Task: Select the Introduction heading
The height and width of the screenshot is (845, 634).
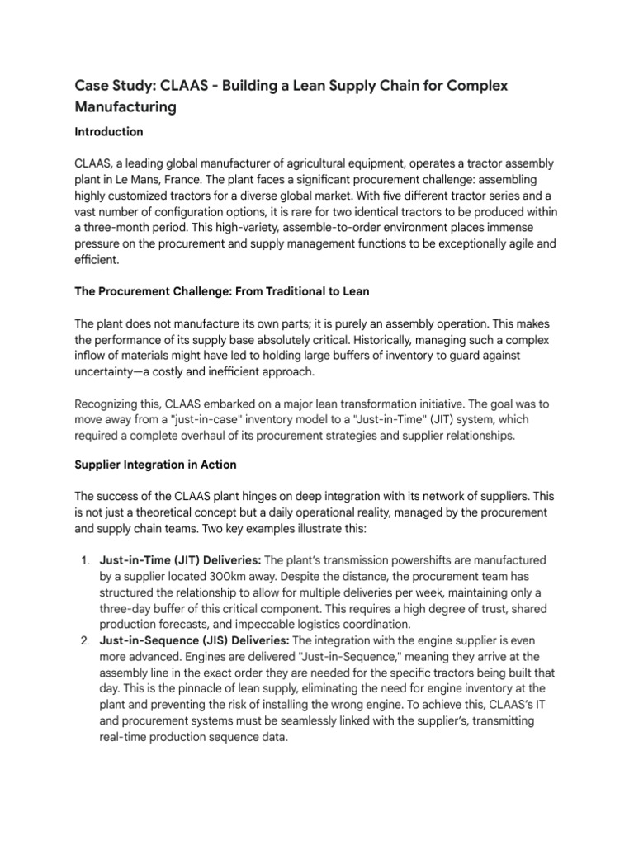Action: (x=109, y=132)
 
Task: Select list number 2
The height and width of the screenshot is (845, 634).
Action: (x=85, y=640)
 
